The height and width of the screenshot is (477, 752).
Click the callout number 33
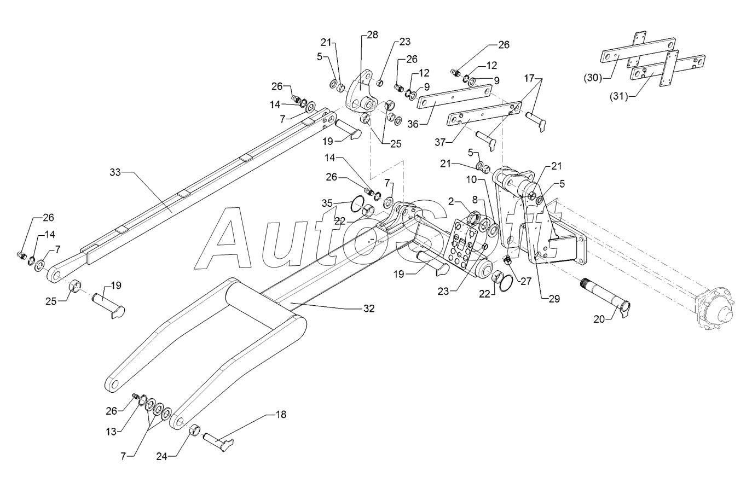tap(115, 172)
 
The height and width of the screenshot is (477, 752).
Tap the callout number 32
tap(369, 309)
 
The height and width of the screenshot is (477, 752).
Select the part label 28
tap(372, 35)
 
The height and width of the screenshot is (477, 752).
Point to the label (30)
tap(593, 78)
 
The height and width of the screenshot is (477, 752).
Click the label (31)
tap(618, 97)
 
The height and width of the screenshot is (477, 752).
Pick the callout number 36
tap(413, 125)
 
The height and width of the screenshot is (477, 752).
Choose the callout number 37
tap(440, 143)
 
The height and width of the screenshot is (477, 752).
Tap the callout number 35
tap(327, 203)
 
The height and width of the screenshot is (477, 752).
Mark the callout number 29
tap(554, 299)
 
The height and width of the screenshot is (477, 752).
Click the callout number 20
tap(599, 319)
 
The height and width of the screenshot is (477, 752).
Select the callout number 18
tap(281, 415)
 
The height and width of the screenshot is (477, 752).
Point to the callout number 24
tap(162, 457)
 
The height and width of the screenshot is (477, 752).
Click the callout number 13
tap(111, 432)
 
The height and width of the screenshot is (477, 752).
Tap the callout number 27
tap(526, 281)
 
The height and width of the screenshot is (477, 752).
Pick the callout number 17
tap(529, 78)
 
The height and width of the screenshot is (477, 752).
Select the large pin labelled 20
tap(606, 300)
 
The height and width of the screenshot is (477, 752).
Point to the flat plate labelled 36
tap(455, 96)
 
